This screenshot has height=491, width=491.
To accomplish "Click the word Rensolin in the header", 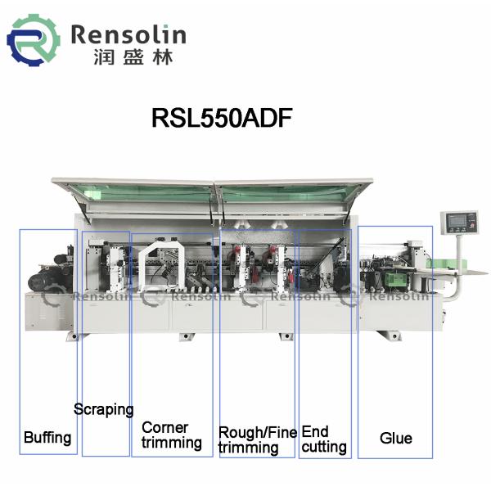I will [128, 34].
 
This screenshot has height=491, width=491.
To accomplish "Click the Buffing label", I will [47, 437].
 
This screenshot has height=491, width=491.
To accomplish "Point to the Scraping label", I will [103, 409].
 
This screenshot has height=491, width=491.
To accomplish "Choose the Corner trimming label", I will [171, 435].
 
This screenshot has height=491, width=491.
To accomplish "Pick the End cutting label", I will [323, 439].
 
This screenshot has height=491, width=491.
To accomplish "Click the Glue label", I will [395, 438].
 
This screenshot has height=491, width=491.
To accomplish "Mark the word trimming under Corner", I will [171, 444].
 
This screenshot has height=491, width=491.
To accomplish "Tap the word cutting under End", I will [323, 447].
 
